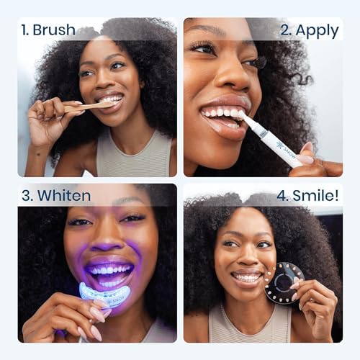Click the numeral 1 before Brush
coord(24,30)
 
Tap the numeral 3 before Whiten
coord(27,196)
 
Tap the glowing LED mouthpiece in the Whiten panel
coord(104,294)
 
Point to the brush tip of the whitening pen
coord(243,116)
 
